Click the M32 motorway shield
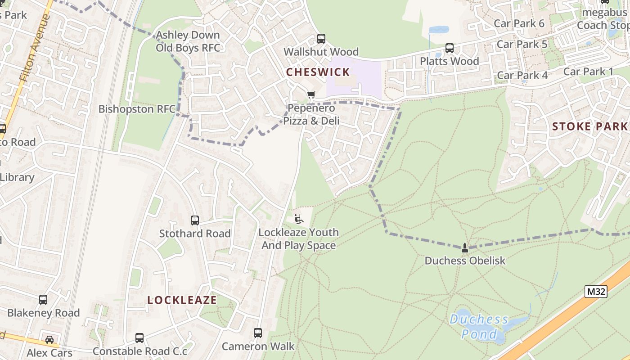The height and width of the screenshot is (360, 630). (x=596, y=292)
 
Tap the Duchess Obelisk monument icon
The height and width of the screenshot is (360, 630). (x=465, y=247)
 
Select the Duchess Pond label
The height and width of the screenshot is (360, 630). (x=479, y=327)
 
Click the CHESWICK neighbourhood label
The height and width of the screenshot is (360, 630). (x=318, y=72)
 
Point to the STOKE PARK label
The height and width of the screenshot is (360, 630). (x=589, y=126)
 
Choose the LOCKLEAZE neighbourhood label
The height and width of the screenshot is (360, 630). (x=182, y=300)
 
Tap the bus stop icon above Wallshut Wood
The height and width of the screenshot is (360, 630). (x=321, y=39)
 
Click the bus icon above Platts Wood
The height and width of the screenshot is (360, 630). (x=449, y=48)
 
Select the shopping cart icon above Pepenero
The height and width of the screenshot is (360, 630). (x=311, y=94)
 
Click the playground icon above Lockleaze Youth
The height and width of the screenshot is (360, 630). (x=298, y=219)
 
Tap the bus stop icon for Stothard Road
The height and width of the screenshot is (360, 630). (x=195, y=220)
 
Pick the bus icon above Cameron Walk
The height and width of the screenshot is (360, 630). (x=258, y=333)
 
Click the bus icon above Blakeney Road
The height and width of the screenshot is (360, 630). (x=43, y=300)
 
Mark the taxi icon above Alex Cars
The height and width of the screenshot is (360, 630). (x=49, y=340)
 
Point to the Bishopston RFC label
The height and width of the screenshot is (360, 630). (x=137, y=109)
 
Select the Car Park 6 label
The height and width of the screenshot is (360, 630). (x=519, y=23)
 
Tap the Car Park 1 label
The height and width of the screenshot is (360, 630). (x=588, y=72)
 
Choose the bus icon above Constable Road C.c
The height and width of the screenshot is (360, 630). (x=139, y=338)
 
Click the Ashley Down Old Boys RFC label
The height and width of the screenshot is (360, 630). (x=188, y=41)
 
